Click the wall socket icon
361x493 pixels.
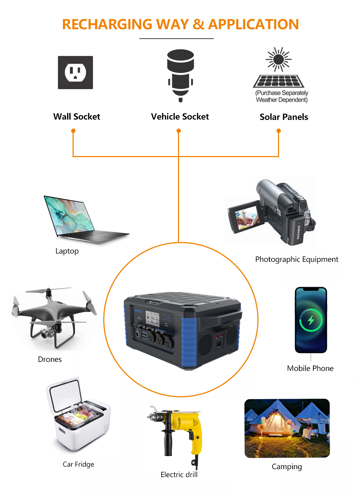75,73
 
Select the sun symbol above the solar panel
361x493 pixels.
278,59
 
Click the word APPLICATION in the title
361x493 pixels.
253,25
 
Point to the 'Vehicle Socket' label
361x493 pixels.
180,117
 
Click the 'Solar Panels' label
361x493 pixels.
284,117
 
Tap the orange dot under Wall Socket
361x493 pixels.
73,131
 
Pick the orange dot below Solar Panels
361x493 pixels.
278,131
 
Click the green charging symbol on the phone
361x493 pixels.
311,320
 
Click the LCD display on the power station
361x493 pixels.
152,319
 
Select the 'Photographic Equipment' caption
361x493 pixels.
296,259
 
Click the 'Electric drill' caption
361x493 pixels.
179,475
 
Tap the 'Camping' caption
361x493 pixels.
287,467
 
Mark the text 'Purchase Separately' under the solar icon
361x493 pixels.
282,93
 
